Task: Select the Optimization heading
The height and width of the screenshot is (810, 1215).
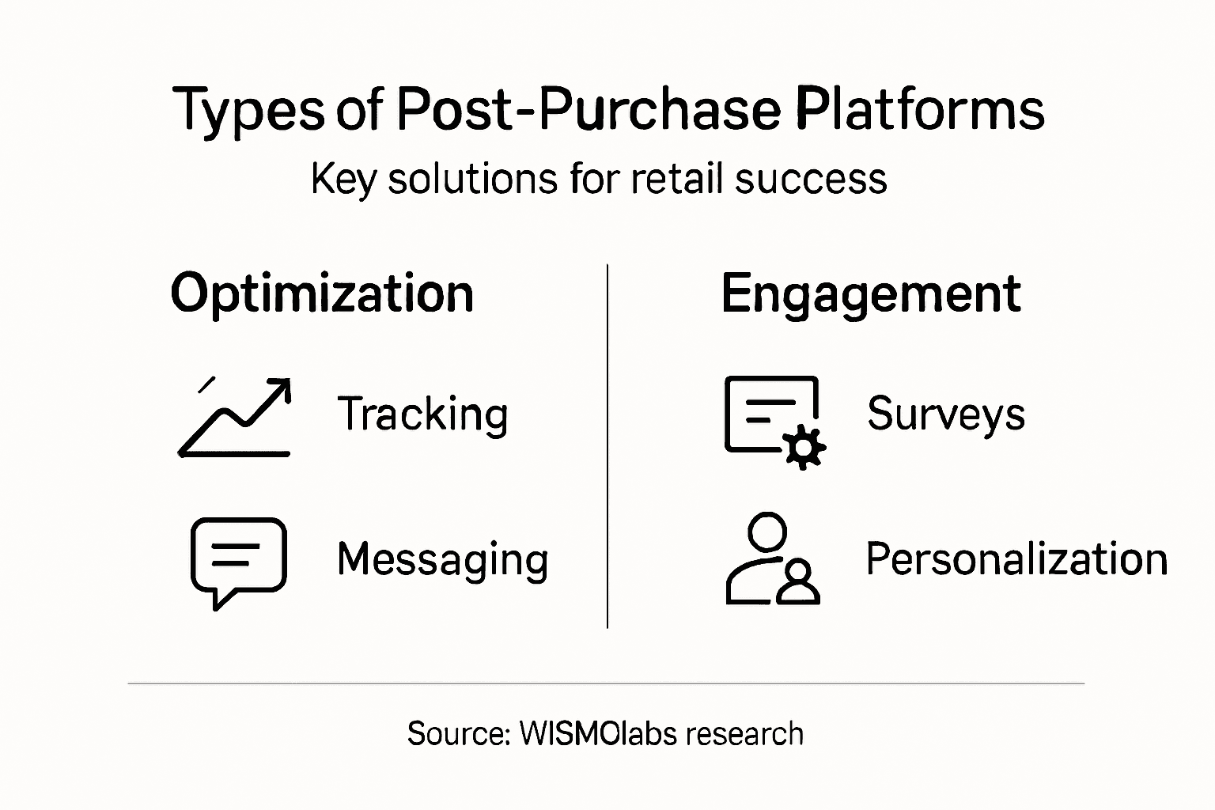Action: [322, 293]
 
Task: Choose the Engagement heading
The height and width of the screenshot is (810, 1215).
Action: [871, 294]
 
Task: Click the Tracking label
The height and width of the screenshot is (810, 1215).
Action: [422, 414]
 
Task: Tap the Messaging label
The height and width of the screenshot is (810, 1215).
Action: [442, 559]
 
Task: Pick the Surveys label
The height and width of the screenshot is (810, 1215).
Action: [946, 414]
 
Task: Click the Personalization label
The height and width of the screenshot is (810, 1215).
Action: [1016, 559]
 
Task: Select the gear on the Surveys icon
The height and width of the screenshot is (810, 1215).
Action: [804, 448]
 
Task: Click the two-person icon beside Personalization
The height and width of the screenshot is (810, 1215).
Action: [772, 559]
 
